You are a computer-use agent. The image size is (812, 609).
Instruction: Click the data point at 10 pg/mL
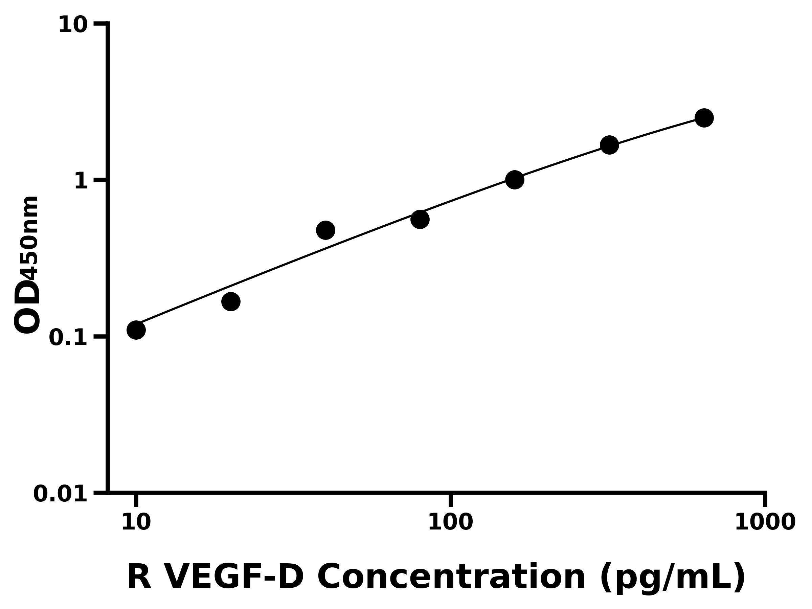[136, 330]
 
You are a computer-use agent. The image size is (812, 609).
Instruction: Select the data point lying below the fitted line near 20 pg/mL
[231, 301]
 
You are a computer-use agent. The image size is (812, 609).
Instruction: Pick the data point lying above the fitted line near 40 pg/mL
[325, 230]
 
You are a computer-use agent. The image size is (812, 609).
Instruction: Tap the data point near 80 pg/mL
[420, 219]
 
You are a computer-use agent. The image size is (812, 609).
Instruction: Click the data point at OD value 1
[515, 180]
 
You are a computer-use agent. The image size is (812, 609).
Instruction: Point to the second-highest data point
[609, 145]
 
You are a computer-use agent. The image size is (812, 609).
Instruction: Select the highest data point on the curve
[704, 118]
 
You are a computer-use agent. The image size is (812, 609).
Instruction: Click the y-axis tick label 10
[73, 25]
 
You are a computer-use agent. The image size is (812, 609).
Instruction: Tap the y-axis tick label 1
[81, 181]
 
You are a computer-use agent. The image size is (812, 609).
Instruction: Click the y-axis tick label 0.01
[61, 494]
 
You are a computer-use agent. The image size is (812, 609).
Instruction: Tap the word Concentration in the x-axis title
[451, 578]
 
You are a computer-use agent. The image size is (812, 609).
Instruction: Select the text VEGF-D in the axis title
[235, 578]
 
